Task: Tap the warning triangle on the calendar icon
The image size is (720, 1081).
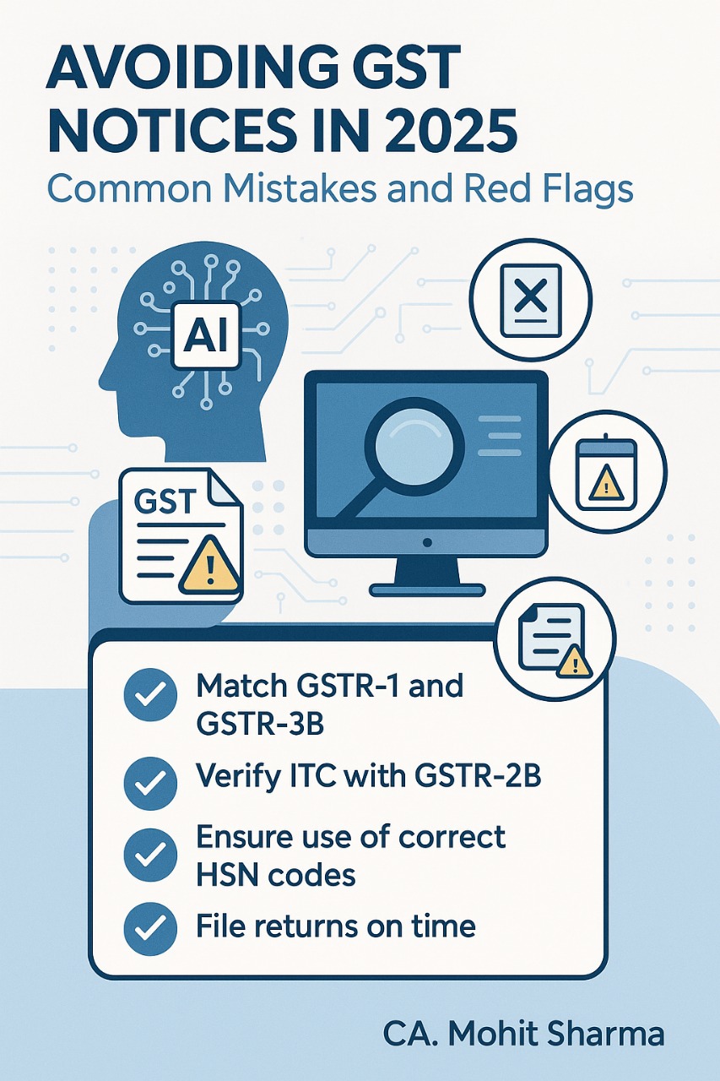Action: coord(606,483)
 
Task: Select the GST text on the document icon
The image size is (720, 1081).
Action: coord(165,502)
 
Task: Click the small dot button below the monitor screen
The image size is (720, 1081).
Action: coord(427,543)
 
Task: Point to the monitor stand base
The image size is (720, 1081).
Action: coord(427,589)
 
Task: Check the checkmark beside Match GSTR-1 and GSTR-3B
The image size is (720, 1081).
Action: coord(150,695)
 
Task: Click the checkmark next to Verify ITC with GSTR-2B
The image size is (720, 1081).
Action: coord(150,783)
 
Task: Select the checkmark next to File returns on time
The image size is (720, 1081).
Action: coord(150,928)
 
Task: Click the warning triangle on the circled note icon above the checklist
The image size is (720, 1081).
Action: coord(574,661)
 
